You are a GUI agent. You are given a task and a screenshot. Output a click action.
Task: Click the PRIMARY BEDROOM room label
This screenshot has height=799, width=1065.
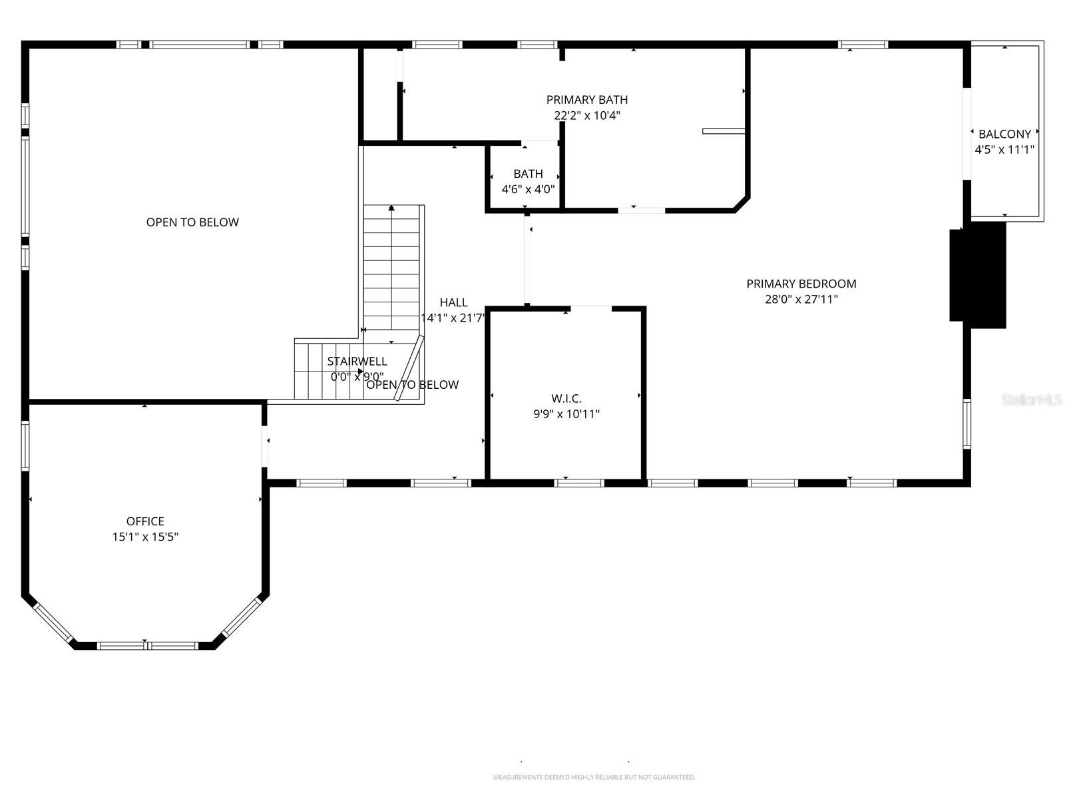click(x=801, y=284)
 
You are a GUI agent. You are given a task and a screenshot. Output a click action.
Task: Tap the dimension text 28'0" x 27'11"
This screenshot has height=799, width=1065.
click(x=801, y=300)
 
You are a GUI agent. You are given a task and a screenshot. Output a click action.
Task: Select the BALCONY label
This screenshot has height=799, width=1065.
click(x=1004, y=134)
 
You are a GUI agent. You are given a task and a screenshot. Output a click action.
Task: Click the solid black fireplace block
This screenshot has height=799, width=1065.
click(x=977, y=275)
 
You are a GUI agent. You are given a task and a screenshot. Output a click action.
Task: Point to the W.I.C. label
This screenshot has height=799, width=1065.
click(x=566, y=399)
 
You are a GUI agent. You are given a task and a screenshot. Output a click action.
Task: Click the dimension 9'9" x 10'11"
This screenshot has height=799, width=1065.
click(x=566, y=414)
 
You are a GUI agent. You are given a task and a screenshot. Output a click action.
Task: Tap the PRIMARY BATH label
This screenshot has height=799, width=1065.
click(x=586, y=100)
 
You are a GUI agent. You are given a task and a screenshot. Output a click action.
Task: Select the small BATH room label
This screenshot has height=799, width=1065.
click(x=528, y=174)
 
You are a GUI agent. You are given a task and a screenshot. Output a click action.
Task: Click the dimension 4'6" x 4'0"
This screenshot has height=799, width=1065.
click(x=528, y=189)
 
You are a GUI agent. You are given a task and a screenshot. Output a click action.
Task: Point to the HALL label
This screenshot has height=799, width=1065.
click(x=453, y=303)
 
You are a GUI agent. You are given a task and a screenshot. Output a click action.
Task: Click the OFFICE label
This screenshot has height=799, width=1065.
click(x=145, y=521)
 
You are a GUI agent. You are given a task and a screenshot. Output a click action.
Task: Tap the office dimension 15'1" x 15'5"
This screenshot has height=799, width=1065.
click(x=145, y=537)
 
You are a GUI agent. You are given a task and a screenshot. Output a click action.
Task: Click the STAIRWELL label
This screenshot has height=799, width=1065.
click(x=357, y=362)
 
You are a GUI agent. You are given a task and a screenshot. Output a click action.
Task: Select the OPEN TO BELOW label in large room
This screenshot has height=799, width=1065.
click(x=192, y=222)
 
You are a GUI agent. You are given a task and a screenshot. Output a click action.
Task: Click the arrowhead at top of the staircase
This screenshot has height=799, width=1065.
click(x=391, y=208)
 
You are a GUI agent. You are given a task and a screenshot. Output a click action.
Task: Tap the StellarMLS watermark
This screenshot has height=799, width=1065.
click(x=1032, y=400)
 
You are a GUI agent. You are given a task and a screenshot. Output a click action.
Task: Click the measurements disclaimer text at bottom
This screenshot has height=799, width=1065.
click(x=594, y=777)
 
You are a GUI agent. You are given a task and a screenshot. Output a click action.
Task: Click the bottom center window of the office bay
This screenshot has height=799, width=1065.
click(x=147, y=645)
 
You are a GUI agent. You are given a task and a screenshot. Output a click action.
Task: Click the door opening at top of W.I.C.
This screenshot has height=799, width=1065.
click(x=591, y=308)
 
